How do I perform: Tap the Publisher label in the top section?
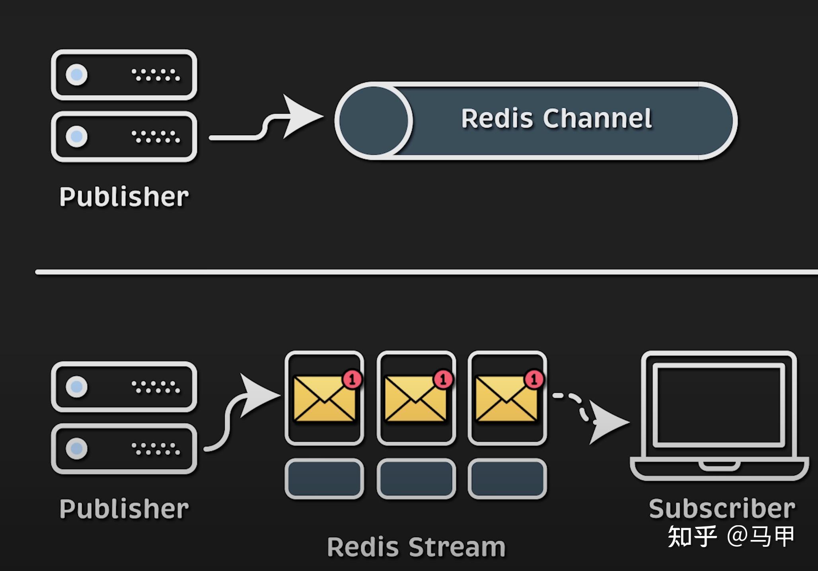(x=124, y=197)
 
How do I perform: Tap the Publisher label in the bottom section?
(x=124, y=509)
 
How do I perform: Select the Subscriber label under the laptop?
(x=722, y=509)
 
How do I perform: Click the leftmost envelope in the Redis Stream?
(x=324, y=399)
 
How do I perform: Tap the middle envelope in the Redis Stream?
(x=416, y=399)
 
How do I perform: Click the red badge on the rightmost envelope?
(x=534, y=379)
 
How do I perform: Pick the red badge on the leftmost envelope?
(x=352, y=379)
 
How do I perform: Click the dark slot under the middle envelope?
(x=416, y=479)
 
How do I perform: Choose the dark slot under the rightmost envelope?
(x=507, y=479)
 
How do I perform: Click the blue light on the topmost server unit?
(x=76, y=74)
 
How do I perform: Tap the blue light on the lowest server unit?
(x=76, y=449)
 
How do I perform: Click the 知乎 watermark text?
(x=692, y=537)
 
